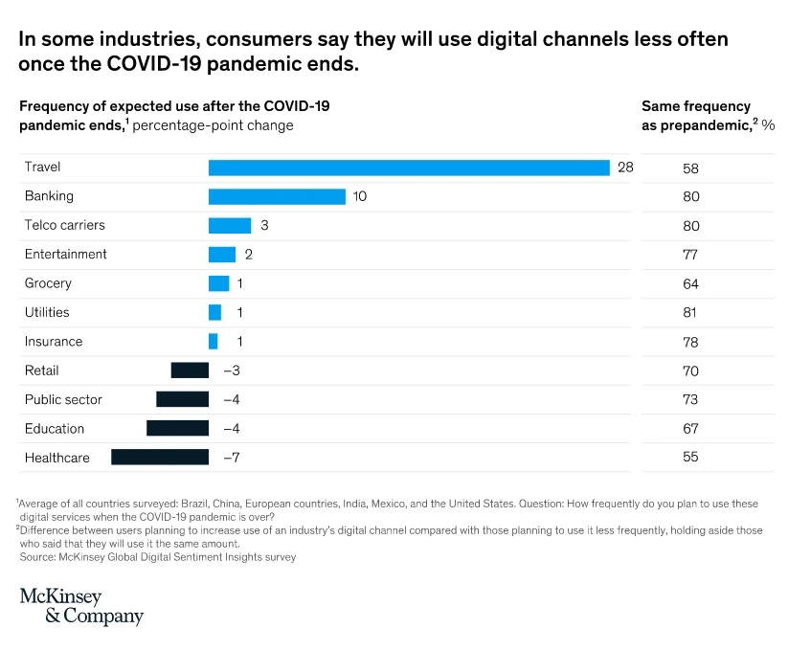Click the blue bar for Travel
point(409,168)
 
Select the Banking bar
point(277,196)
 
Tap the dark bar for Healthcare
point(160,458)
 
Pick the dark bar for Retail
point(190,370)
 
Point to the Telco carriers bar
point(230,226)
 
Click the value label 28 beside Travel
point(625,168)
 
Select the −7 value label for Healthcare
point(231,458)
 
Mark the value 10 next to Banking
point(360,196)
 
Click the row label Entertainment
point(65,255)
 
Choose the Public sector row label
point(63,399)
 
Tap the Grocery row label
point(48,283)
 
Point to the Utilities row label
point(47,312)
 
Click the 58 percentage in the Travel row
point(690,168)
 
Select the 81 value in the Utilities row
point(690,313)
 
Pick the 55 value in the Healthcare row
point(690,458)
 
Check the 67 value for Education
point(690,429)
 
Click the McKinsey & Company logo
point(81,606)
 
